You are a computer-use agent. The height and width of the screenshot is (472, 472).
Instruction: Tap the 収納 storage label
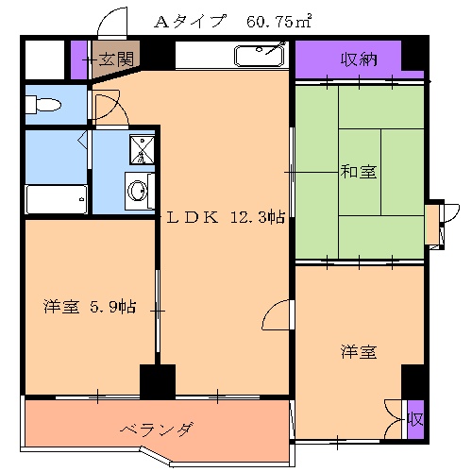pyautogui.click(x=359, y=59)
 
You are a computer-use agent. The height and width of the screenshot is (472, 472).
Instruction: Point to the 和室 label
pyautogui.click(x=359, y=172)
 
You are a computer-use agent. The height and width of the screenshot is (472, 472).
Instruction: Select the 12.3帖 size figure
pyautogui.click(x=258, y=217)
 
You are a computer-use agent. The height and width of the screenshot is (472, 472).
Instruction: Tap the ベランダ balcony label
pyautogui.click(x=156, y=430)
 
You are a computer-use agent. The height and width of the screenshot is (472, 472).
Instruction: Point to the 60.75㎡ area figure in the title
pyautogui.click(x=279, y=21)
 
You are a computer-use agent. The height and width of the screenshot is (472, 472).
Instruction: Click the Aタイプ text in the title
pyautogui.click(x=195, y=21)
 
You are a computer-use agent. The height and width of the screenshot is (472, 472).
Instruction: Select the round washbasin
pyautogui.click(x=139, y=193)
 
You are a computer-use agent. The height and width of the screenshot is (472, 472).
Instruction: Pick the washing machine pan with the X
pyautogui.click(x=142, y=148)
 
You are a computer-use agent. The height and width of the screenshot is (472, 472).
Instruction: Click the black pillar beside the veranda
pyautogui.click(x=157, y=381)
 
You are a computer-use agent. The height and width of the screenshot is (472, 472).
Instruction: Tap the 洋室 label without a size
pyautogui.click(x=359, y=352)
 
